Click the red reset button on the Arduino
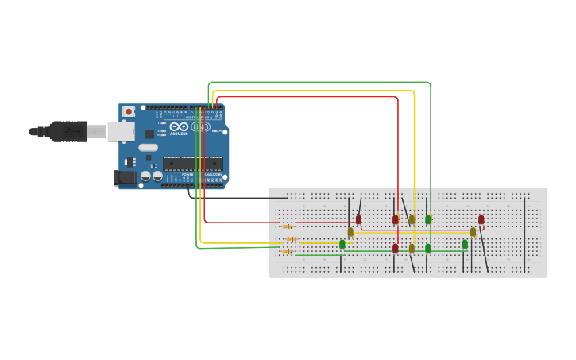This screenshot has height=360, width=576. coord(128,112)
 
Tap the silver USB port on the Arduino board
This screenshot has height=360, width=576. coord(121,131)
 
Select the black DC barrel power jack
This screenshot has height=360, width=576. coord(124,178)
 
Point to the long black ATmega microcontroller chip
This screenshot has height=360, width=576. coord(192,164)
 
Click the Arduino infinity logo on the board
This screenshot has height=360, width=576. coord(179,126)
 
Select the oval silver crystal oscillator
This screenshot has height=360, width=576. coord(149,148)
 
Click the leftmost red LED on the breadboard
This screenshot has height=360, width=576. coord(358,219)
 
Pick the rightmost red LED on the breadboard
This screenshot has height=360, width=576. coord(481,219)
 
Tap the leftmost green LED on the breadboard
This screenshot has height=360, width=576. coord(342,244)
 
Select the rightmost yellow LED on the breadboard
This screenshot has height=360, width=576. coord(473,232)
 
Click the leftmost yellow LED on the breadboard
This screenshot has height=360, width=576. coord(350,232)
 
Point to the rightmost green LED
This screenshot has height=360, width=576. coord(465,244)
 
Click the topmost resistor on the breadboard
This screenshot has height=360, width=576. coord(287,226)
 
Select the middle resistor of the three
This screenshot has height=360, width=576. coord(291,238)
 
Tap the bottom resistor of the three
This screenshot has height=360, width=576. coord(287,251)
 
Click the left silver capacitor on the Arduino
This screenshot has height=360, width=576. coord(146,176)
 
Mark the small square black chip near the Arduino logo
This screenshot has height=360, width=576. coord(149,134)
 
